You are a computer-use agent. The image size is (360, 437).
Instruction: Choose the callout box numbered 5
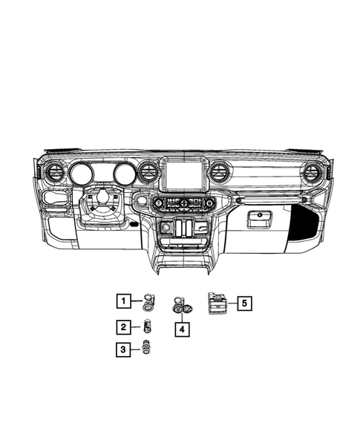244,303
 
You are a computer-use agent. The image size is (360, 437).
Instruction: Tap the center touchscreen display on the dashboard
181,177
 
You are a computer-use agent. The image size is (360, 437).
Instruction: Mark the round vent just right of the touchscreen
219,174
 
